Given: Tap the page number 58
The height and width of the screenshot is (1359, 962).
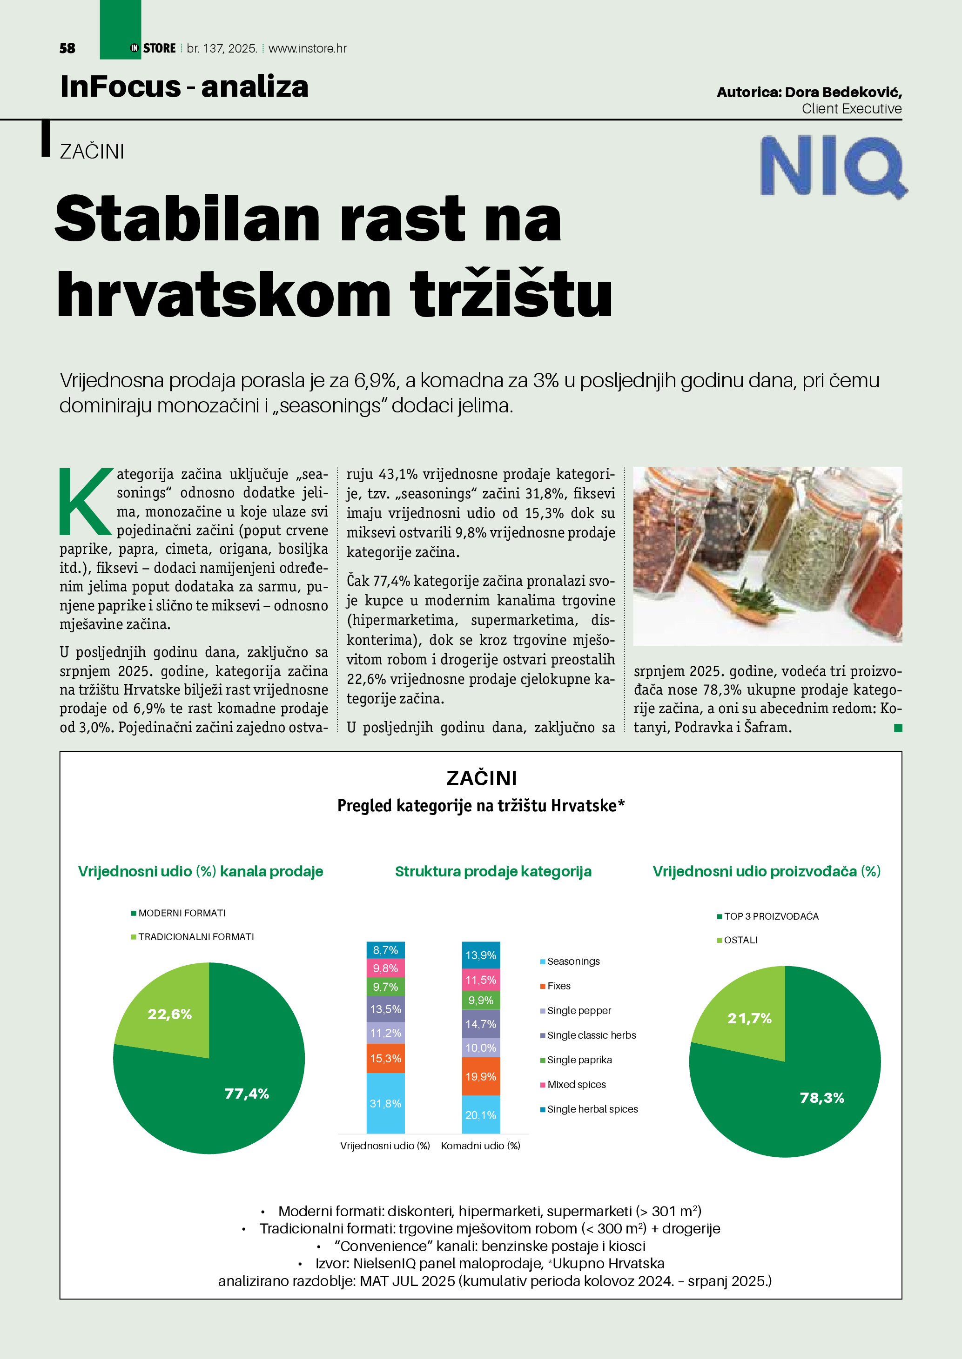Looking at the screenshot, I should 67,48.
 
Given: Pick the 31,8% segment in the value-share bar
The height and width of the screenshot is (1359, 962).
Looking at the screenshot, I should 386,1103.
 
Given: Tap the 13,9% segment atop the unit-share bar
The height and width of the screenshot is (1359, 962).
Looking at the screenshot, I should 480,955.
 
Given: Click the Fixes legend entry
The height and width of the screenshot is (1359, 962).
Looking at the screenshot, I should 558,986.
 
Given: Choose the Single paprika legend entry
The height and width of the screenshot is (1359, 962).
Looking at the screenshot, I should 579,1060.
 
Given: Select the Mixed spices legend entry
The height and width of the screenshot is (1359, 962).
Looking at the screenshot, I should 576,1084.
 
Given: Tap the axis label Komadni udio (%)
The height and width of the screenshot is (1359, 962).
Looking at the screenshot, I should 480,1145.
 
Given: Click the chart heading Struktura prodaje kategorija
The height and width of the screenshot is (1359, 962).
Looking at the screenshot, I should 493,871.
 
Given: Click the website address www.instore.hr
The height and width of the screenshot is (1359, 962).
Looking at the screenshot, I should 308,48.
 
